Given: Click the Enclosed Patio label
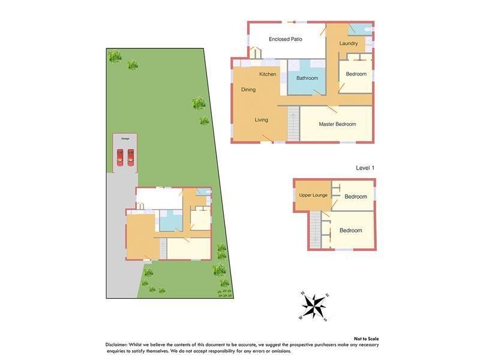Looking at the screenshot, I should [x=285, y=39].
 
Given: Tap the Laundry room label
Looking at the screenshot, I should [x=349, y=43].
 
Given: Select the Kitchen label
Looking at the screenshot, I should [x=268, y=74].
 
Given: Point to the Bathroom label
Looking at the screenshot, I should [x=307, y=78].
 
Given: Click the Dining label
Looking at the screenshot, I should [x=248, y=90].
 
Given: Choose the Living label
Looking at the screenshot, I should [x=261, y=120].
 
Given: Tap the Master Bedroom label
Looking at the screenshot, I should [x=337, y=124].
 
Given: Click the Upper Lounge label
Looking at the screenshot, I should [x=313, y=195].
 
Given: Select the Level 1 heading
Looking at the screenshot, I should [x=365, y=168].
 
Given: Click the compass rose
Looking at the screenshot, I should [x=313, y=306].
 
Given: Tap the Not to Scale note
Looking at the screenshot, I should [x=366, y=338].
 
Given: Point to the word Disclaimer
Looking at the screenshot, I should [x=116, y=344].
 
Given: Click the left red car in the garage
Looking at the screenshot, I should [x=120, y=157].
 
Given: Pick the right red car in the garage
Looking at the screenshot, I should [x=130, y=157].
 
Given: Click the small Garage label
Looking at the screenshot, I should [x=125, y=139].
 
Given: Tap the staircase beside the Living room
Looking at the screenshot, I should [x=293, y=124].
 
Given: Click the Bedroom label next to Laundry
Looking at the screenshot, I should [x=356, y=74].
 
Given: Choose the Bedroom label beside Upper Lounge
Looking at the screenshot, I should [x=356, y=197].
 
